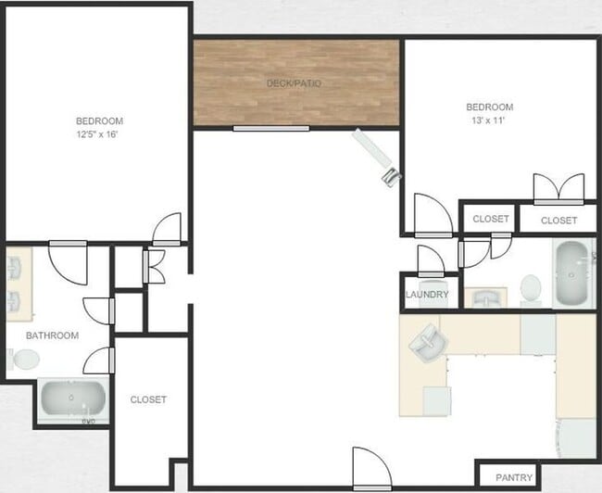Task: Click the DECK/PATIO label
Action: coord(294,83)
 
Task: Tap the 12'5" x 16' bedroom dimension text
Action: coord(99,134)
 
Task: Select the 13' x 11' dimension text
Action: coord(489,120)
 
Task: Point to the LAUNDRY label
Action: coord(427,296)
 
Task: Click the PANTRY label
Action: coord(514,478)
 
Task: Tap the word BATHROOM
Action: coord(52,335)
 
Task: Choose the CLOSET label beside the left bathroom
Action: coord(148,399)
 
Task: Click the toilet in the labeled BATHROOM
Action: coord(22,359)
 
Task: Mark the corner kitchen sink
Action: coord(427,344)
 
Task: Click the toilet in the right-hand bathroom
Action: coord(532,288)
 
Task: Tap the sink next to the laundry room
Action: coord(486,297)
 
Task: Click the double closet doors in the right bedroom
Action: coord(558,189)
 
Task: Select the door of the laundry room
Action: coord(432,261)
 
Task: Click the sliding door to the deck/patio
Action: coord(270,129)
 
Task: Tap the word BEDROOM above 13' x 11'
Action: coord(489,107)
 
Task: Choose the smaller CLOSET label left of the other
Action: coord(491,219)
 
